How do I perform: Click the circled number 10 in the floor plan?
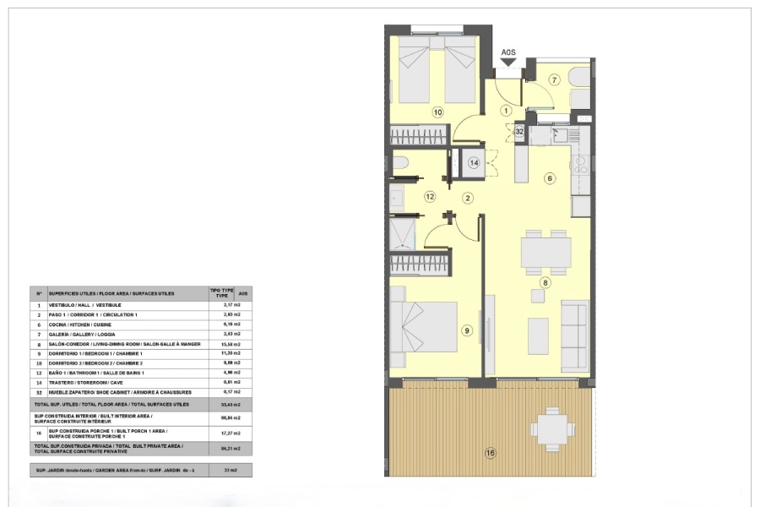click(437, 111)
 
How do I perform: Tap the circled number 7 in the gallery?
click(555, 80)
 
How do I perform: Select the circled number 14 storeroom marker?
click(475, 162)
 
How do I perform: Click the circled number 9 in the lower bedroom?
click(467, 330)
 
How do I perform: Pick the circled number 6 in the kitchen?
click(549, 178)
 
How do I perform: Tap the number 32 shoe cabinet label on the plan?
click(520, 132)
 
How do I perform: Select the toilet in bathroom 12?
click(401, 163)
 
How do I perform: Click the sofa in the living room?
click(575, 335)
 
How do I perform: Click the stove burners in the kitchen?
click(580, 165)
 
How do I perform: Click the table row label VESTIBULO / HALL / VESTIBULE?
click(84, 304)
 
